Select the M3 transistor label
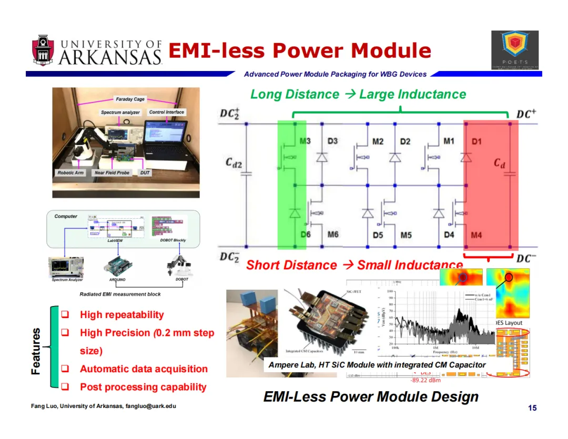[x=305, y=141]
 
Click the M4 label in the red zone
[x=476, y=235]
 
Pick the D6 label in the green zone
[x=306, y=234]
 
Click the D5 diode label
[x=378, y=235]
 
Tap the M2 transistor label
[x=378, y=141]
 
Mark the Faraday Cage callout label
[x=130, y=99]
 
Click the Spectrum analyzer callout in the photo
[x=120, y=112]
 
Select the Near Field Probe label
[x=112, y=172]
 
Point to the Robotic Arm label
[x=70, y=172]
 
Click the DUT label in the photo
[x=145, y=172]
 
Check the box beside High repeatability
[x=66, y=314]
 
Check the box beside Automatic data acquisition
[x=66, y=369]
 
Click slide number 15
[x=532, y=408]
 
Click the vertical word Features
[x=36, y=351]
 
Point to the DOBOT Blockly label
[x=173, y=240]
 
